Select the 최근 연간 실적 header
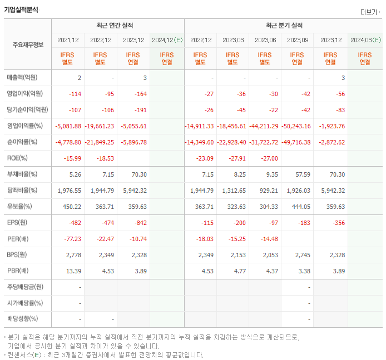click(117, 26)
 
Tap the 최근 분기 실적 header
click(284, 26)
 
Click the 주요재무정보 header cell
click(28, 44)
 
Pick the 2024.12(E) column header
click(167, 40)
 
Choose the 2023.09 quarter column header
click(298, 40)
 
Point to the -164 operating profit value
click(140, 94)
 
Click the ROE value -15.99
click(73, 158)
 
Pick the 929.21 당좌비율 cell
click(268, 191)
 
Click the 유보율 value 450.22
click(71, 207)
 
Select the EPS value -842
click(140, 223)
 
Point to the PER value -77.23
click(72, 239)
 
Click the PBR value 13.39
click(73, 271)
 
